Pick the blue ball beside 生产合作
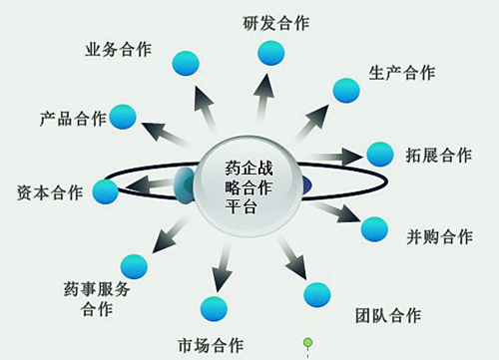click(x=345, y=90)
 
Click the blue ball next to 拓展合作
click(x=379, y=154)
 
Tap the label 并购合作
click(x=439, y=237)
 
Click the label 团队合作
click(x=388, y=317)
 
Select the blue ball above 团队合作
click(x=316, y=294)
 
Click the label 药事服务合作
click(x=95, y=298)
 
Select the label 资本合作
click(x=50, y=189)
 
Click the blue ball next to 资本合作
click(x=105, y=189)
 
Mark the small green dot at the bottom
click(x=308, y=345)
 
